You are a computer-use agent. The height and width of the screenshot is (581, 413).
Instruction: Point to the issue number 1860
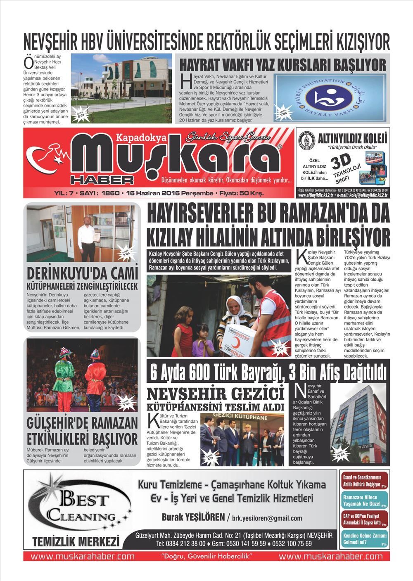[x=111, y=193]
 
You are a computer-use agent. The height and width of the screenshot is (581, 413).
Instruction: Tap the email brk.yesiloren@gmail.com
[x=267, y=518]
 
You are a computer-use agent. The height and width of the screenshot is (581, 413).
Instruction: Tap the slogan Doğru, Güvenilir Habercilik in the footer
[x=207, y=556]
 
